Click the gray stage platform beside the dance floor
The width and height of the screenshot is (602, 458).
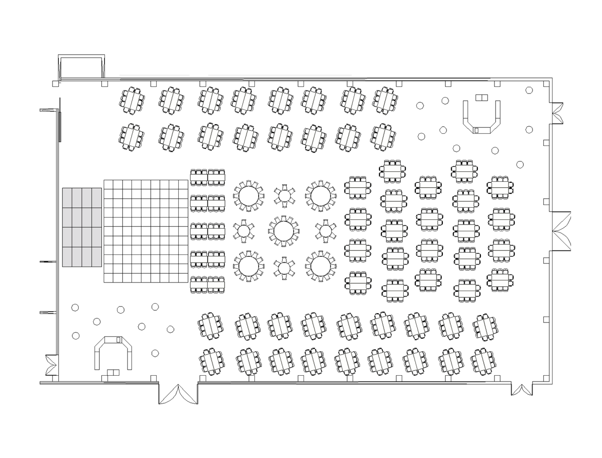click(x=82, y=227)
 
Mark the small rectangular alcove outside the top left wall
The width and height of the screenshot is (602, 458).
click(x=81, y=67)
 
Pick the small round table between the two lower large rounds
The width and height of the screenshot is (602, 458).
click(x=284, y=267)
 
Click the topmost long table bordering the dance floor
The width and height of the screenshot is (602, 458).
click(x=207, y=177)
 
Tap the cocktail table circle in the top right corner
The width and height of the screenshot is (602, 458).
click(x=529, y=89)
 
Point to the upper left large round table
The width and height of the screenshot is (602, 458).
click(x=248, y=195)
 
